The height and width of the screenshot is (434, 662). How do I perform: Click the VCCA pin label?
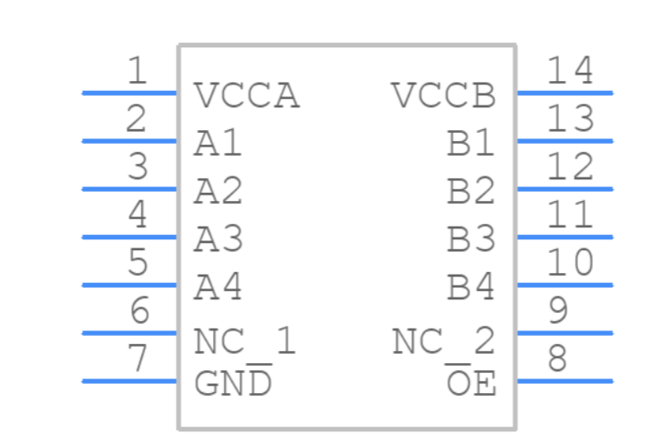(247, 96)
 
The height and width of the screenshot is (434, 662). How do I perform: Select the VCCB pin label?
(444, 96)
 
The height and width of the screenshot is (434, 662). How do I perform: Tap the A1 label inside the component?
(219, 144)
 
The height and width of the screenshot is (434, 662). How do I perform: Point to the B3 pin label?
(472, 240)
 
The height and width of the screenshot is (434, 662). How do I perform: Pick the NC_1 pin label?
(245, 342)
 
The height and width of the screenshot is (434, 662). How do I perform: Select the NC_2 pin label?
(444, 342)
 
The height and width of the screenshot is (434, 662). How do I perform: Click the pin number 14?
(570, 71)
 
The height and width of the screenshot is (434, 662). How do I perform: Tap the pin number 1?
(137, 71)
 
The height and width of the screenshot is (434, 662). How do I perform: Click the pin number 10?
(570, 263)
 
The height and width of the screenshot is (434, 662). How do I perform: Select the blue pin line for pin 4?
(129, 237)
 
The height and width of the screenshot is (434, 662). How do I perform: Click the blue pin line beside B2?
(565, 188)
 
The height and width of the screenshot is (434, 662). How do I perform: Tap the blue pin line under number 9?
(565, 333)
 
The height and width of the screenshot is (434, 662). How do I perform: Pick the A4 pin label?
(219, 288)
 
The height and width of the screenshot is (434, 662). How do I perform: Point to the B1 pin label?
(472, 144)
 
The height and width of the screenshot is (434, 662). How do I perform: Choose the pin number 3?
(137, 167)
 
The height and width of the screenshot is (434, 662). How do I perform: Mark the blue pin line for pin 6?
(129, 333)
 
